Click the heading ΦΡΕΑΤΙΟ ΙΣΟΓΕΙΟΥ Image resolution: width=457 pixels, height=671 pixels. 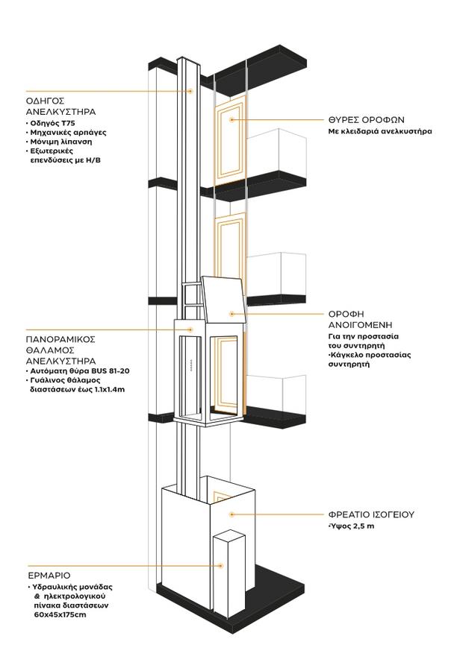pos(371,514)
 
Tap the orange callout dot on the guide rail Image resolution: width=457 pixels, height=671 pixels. pos(190,91)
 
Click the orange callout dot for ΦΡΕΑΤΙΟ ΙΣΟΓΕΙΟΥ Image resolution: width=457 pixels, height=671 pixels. pos(232,514)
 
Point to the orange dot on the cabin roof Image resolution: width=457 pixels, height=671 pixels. pos(232,314)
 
